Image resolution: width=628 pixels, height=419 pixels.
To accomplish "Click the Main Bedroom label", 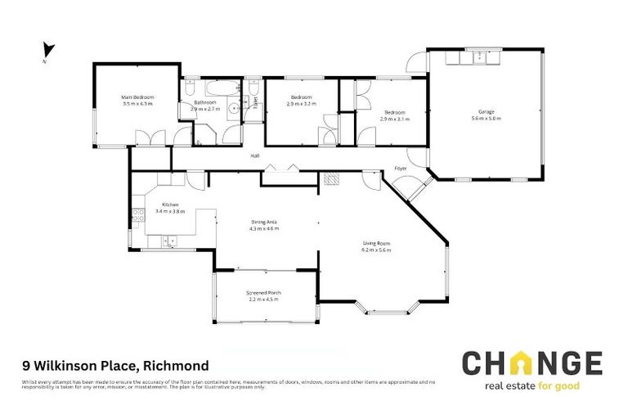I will tap(137, 97).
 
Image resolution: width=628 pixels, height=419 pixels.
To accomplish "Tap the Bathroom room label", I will tap(205, 102).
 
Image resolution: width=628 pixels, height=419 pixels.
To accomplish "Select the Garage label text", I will tap(486, 112).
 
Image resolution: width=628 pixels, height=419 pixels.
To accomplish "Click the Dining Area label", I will tap(265, 223).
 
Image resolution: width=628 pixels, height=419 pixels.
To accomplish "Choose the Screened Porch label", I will tap(263, 293).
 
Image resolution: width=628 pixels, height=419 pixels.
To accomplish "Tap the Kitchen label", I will tap(170, 205).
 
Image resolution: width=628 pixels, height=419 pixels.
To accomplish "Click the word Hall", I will tap(255, 155).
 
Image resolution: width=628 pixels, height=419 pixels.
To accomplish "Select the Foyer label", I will tap(401, 169).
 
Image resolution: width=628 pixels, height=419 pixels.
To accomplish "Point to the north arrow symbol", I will tap(47, 51).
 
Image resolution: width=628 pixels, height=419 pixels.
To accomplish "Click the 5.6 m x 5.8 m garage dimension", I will tap(486, 119).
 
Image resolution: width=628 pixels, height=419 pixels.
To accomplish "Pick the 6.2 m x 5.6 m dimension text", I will tap(378, 250).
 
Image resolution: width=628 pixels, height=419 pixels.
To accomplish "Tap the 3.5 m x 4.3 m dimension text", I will tap(137, 104).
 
